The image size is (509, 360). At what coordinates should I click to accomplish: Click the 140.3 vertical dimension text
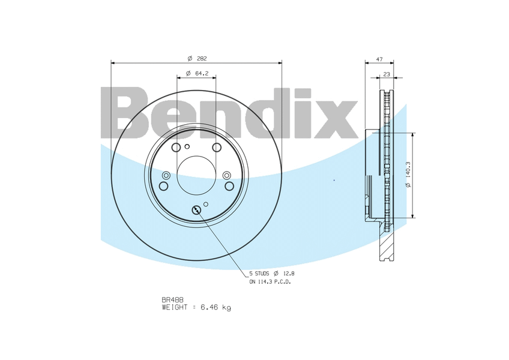click(x=408, y=175)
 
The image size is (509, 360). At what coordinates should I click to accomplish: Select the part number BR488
click(x=172, y=299)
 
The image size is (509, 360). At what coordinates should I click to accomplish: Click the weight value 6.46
click(x=209, y=307)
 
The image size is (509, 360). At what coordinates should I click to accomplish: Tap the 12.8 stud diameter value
click(x=288, y=273)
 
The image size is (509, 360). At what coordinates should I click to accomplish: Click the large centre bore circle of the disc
click(x=196, y=175)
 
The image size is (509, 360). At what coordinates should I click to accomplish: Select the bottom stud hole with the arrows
click(x=196, y=209)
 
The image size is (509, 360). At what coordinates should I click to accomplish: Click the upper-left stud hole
click(x=176, y=148)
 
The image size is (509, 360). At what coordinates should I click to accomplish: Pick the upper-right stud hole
click(x=217, y=148)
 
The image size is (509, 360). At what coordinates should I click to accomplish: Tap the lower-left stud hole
click(x=163, y=186)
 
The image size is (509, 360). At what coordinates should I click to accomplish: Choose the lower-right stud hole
click(x=229, y=186)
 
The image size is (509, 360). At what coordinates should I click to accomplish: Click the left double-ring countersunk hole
click(x=166, y=175)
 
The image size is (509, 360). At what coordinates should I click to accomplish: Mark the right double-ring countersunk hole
click(x=226, y=175)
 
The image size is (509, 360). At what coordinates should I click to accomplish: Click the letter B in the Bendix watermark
click(x=124, y=114)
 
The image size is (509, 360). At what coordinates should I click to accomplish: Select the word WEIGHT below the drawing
click(x=175, y=307)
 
